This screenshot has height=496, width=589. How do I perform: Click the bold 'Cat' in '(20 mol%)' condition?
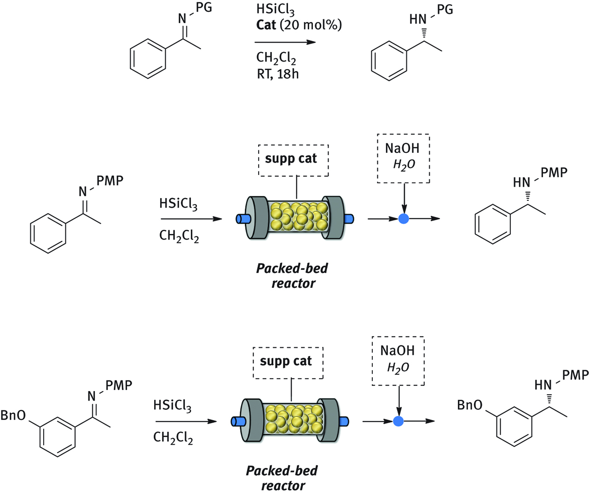pos(266,25)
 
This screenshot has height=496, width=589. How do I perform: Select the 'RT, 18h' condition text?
pos(277,74)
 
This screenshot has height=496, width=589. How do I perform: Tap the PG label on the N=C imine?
pos(204,8)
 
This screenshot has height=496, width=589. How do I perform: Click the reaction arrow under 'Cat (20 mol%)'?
pos(285,42)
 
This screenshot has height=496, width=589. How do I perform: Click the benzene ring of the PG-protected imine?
pos(148,59)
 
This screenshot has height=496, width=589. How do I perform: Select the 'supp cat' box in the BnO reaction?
pos(288,362)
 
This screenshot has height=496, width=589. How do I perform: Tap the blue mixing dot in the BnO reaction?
pos(398,421)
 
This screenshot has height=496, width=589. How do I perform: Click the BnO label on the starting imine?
pos(13,415)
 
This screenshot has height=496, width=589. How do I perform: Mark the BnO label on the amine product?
pos(470,405)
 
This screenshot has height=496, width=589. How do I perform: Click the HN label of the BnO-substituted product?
pos(543,385)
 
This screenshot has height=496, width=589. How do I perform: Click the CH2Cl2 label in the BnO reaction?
pos(173,438)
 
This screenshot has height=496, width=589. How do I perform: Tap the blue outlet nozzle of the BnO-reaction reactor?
pos(344,421)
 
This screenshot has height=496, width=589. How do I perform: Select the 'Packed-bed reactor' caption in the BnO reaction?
pos(282,478)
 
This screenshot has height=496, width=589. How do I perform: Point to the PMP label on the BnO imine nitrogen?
pos(119,385)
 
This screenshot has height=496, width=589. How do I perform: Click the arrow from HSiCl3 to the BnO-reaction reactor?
pos(186,421)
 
